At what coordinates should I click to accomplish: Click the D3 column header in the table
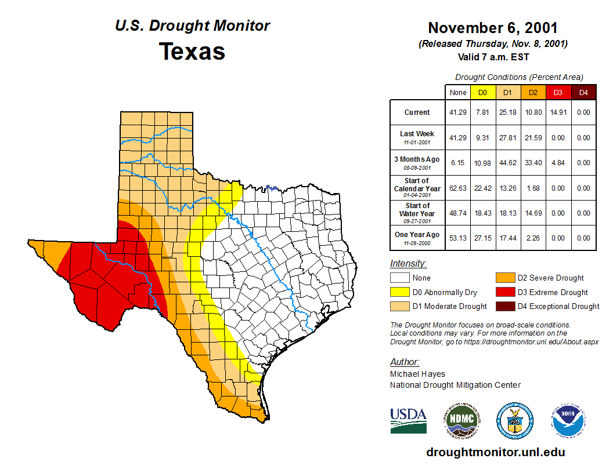point(557,92)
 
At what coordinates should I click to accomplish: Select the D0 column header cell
point(482,92)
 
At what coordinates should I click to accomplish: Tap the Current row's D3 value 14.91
point(557,112)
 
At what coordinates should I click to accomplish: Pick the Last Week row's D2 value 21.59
point(533,138)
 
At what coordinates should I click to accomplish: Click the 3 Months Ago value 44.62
point(507,163)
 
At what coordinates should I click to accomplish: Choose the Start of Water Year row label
point(417,212)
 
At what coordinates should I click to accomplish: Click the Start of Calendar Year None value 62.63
point(458,188)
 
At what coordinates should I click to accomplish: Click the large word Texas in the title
point(192,51)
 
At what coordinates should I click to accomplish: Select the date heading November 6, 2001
point(493,28)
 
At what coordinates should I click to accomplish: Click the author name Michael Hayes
point(417,374)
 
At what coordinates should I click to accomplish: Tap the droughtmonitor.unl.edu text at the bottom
point(495,452)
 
